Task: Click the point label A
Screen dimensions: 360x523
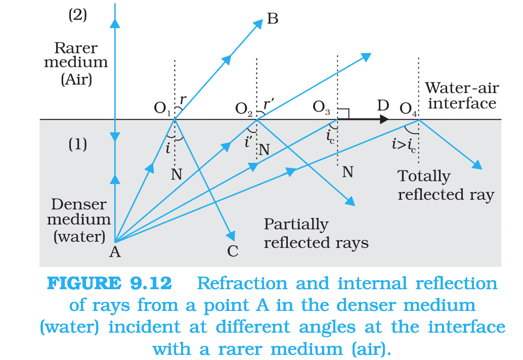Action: pos(115,251)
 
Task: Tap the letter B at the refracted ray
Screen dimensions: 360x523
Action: pos(273,19)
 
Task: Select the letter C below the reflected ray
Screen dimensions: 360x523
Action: pos(233,251)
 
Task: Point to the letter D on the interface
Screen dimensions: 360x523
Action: pos(383,106)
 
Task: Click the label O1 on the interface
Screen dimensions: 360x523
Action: pos(163,108)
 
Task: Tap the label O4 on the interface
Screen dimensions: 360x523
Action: pos(409,108)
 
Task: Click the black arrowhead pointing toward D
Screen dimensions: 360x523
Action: pos(384,119)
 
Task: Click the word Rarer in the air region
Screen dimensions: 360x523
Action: pos(76,49)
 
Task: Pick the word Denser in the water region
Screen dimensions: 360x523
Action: pos(79,205)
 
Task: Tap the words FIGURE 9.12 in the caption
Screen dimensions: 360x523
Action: pos(109,284)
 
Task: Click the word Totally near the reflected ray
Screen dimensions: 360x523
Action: pos(423,176)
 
